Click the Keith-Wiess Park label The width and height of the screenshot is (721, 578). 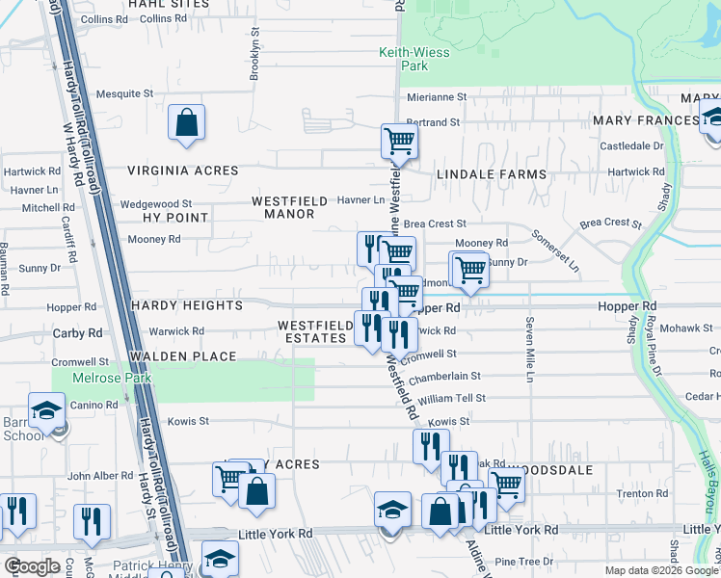click(x=414, y=59)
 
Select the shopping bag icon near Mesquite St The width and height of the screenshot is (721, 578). click(x=186, y=122)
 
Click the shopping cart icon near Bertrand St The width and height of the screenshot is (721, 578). click(x=398, y=142)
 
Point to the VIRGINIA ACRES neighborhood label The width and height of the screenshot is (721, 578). click(x=183, y=171)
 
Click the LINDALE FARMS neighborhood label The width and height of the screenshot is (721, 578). click(x=492, y=174)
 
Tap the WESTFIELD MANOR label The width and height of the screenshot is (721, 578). click(x=283, y=207)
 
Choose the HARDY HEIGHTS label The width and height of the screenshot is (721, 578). click(x=187, y=305)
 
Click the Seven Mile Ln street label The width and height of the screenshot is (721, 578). click(x=529, y=349)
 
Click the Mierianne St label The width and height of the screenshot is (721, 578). click(x=436, y=97)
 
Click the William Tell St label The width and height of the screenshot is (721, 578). click(x=451, y=398)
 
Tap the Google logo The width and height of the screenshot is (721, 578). click(x=32, y=566)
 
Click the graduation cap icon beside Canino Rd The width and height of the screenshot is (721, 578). click(x=46, y=412)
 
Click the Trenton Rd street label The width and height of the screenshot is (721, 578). click(x=636, y=493)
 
